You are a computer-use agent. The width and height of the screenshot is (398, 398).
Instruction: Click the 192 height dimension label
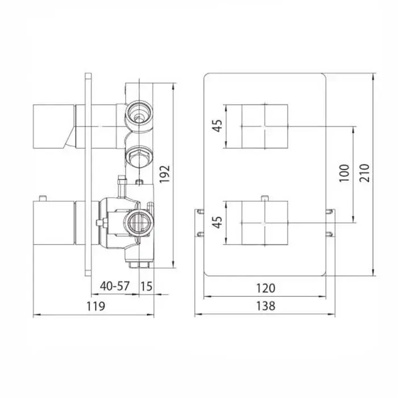point(164,174)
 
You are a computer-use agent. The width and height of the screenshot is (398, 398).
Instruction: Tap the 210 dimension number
point(364,173)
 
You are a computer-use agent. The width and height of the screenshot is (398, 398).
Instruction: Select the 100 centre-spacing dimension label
point(344,173)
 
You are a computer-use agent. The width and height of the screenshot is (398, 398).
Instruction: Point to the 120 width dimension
point(266,288)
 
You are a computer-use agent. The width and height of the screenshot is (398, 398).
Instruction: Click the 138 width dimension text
point(266,306)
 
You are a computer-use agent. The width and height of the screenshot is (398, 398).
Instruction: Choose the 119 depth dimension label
point(96,306)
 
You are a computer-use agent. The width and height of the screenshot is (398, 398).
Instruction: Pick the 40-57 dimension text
point(115,286)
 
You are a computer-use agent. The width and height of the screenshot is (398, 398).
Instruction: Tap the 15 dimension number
point(147,287)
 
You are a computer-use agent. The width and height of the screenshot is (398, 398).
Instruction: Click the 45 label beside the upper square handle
point(217,125)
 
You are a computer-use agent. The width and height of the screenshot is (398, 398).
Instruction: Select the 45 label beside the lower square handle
point(217,222)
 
